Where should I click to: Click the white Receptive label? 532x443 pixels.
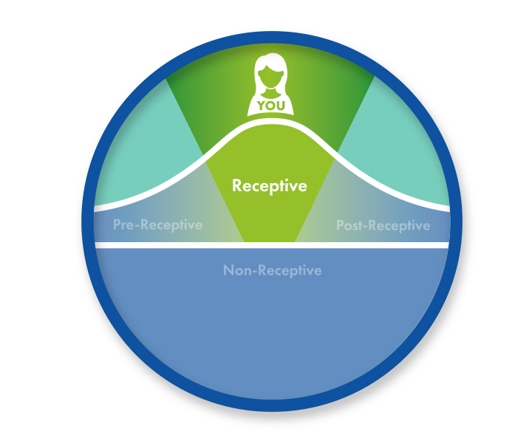pos(269,185)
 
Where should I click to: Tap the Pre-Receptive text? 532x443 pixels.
pos(157,224)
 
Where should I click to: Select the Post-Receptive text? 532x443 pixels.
pos(383,225)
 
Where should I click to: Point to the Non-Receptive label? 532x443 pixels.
pos(272,270)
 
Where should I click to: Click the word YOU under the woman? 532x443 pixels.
pos(271,106)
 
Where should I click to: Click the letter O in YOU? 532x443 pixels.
pos(271,106)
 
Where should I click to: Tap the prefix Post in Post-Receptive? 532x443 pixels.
pos(350,225)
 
